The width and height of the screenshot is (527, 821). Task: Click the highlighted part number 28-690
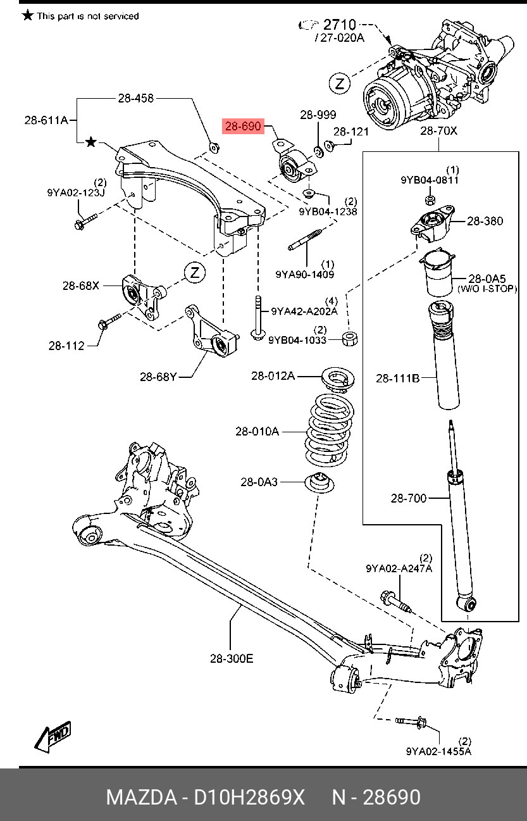coord(243,127)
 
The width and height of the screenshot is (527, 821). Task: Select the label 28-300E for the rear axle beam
coord(232,658)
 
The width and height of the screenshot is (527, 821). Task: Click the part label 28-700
coord(409,498)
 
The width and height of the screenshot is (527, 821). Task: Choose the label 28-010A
coord(257,432)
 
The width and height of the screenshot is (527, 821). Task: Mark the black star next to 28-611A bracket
coord(91,142)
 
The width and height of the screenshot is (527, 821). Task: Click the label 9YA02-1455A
coord(438,751)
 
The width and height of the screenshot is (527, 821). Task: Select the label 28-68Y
coord(158,377)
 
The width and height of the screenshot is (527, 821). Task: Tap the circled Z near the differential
coord(340,83)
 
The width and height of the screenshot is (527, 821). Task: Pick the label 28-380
coord(485,221)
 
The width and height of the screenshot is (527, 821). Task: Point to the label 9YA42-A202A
coord(304,311)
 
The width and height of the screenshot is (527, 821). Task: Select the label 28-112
coord(66,346)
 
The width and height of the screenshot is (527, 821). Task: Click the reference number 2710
coord(340,25)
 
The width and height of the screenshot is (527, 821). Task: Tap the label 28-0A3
coord(259,482)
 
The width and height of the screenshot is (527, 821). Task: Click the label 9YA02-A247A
coord(399,568)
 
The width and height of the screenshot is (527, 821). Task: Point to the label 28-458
coord(135,98)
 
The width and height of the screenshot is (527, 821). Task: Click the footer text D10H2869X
coord(249,797)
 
